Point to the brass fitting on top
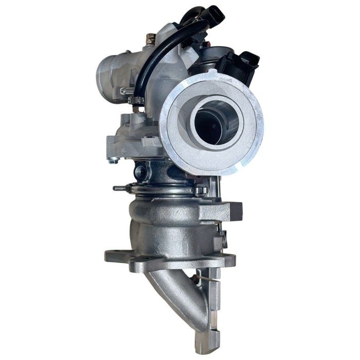coord(151,39)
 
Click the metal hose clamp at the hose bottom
coord(136,100)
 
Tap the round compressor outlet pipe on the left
coord(111,77)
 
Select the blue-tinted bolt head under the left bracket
coord(113,160)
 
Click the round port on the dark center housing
coord(140,172)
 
